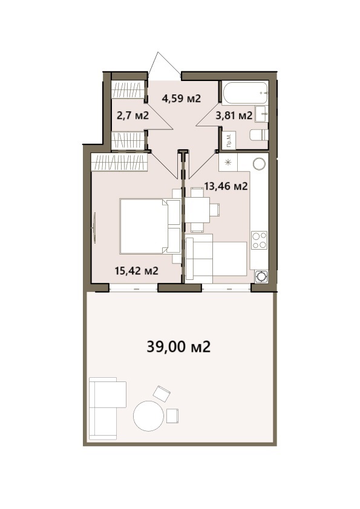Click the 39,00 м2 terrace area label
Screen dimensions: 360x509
178,347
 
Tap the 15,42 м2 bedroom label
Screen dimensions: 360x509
137,270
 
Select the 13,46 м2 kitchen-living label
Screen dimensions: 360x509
226,186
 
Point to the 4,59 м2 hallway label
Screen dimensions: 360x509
182,98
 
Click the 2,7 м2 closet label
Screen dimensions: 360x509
133,115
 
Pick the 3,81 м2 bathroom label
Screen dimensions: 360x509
234,115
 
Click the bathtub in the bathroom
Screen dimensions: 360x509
245,92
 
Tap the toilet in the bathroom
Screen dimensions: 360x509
259,135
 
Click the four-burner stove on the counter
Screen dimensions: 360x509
260,240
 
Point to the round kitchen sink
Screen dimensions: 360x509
260,164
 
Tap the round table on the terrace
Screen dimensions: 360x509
148,416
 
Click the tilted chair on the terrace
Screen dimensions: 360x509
162,393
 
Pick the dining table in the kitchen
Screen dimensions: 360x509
197,210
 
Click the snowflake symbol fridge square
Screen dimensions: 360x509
228,162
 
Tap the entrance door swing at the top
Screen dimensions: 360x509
164,66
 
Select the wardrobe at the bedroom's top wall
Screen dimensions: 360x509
119,162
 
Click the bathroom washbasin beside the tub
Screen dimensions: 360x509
262,114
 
